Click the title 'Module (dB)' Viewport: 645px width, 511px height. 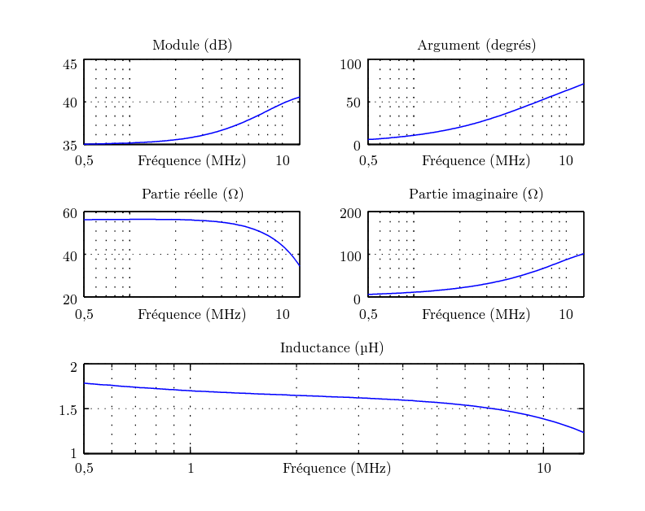pyautogui.click(x=192, y=46)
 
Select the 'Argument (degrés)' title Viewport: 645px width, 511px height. pyautogui.click(x=476, y=46)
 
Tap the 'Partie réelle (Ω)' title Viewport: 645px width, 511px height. pyautogui.click(x=192, y=194)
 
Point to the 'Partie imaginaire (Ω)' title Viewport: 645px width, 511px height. pyautogui.click(x=476, y=194)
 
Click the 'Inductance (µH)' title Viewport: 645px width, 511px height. pyautogui.click(x=331, y=348)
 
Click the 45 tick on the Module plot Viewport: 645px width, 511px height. pyautogui.click(x=70, y=64)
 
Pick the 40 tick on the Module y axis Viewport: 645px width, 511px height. pyautogui.click(x=70, y=103)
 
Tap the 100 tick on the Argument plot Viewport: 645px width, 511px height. pyautogui.click(x=351, y=64)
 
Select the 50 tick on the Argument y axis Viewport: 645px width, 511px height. pyautogui.click(x=353, y=103)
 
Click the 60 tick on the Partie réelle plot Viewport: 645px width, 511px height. pyautogui.click(x=70, y=214)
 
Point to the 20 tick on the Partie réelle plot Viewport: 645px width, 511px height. pyautogui.click(x=70, y=299)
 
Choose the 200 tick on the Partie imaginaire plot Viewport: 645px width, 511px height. pyautogui.click(x=351, y=214)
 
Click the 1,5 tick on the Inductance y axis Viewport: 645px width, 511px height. pyautogui.click(x=68, y=409)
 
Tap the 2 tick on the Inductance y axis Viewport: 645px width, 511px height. pyautogui.click(x=73, y=367)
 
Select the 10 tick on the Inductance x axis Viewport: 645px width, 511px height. pyautogui.click(x=544, y=468)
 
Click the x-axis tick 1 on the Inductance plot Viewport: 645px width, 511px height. pyautogui.click(x=191, y=468)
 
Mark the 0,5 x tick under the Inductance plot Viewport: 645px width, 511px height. pyautogui.click(x=84, y=468)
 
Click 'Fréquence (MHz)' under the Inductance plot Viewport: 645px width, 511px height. pyautogui.click(x=336, y=469)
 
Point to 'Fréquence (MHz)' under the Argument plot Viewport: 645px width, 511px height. pyautogui.click(x=476, y=160)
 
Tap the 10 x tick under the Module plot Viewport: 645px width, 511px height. pyautogui.click(x=282, y=160)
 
